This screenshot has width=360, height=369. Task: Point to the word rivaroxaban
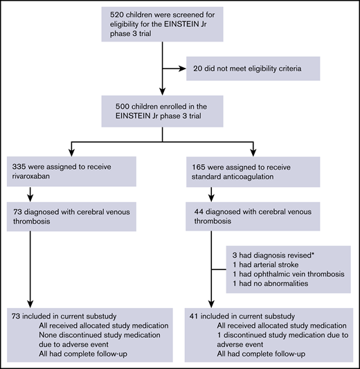[33, 177]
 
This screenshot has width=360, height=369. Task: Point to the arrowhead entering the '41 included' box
[212, 309]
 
